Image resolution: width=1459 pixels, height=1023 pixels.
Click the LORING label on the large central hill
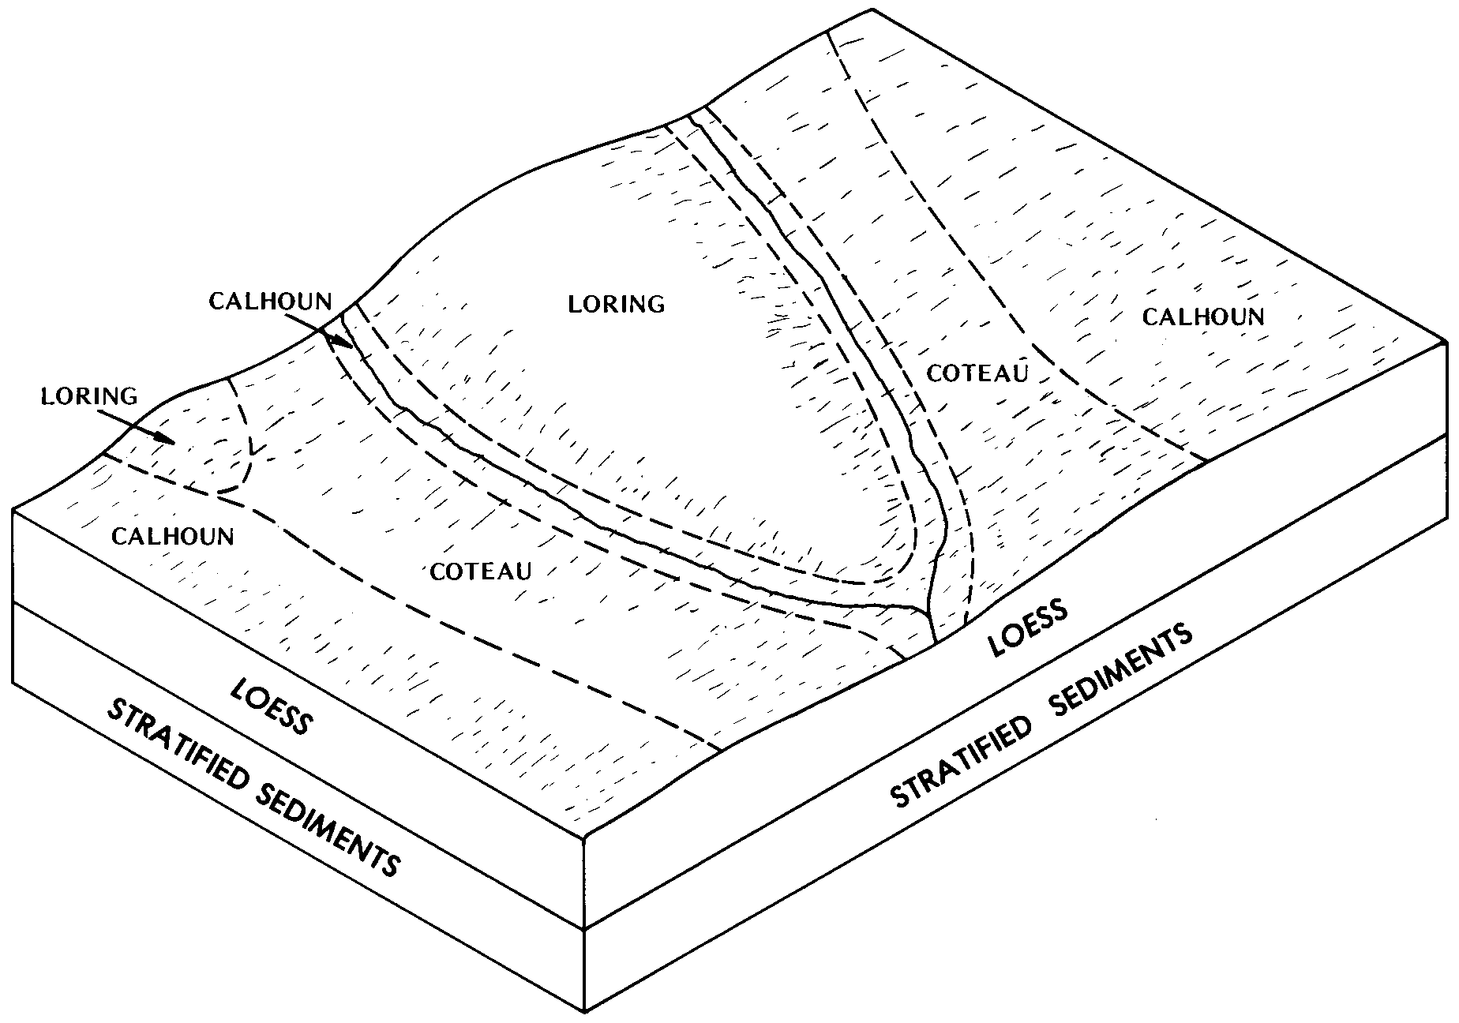617,303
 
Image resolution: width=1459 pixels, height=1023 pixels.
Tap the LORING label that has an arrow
88,395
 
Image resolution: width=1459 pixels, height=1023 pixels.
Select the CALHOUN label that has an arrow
270,302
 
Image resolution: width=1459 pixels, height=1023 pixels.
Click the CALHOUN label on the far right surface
1203,317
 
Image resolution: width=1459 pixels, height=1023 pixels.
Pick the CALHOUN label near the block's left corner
173,537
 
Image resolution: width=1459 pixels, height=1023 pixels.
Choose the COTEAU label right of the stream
977,373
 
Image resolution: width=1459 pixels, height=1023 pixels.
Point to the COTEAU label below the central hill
481,571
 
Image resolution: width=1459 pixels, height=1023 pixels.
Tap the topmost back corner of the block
872,9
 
